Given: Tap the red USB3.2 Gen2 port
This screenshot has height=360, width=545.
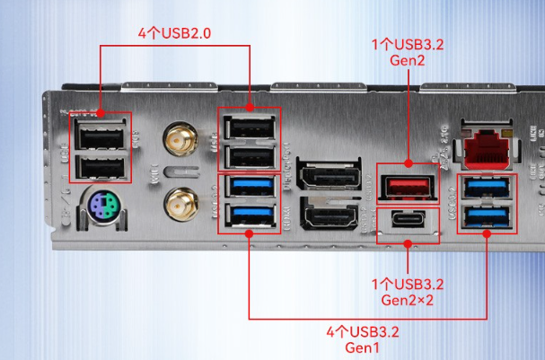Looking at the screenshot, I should [409, 186].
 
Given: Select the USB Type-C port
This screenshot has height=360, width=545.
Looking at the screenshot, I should [409, 222].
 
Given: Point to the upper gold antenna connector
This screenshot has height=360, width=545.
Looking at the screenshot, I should [180, 141].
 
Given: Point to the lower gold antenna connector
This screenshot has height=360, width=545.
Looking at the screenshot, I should [180, 203].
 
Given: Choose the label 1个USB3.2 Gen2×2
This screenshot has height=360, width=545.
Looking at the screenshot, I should [409, 292].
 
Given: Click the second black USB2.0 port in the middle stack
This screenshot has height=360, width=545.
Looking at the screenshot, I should [249, 156].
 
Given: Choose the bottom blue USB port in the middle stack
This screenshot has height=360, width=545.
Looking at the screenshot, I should [249, 215].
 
